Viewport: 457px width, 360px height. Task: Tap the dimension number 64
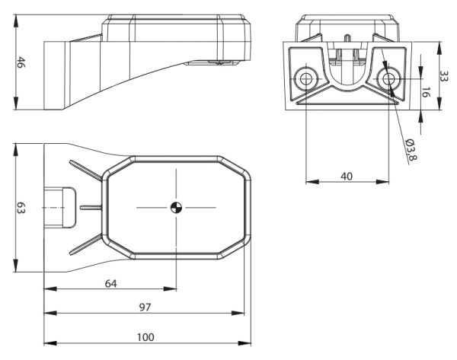110,282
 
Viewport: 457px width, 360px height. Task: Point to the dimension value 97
143,307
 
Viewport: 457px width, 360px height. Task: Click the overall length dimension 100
145,336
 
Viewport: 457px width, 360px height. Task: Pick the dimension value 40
347,176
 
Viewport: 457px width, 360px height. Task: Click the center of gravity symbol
176,207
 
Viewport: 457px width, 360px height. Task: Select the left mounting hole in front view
305,78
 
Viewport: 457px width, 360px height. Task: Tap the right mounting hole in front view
388,78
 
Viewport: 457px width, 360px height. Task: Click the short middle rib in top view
89,207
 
